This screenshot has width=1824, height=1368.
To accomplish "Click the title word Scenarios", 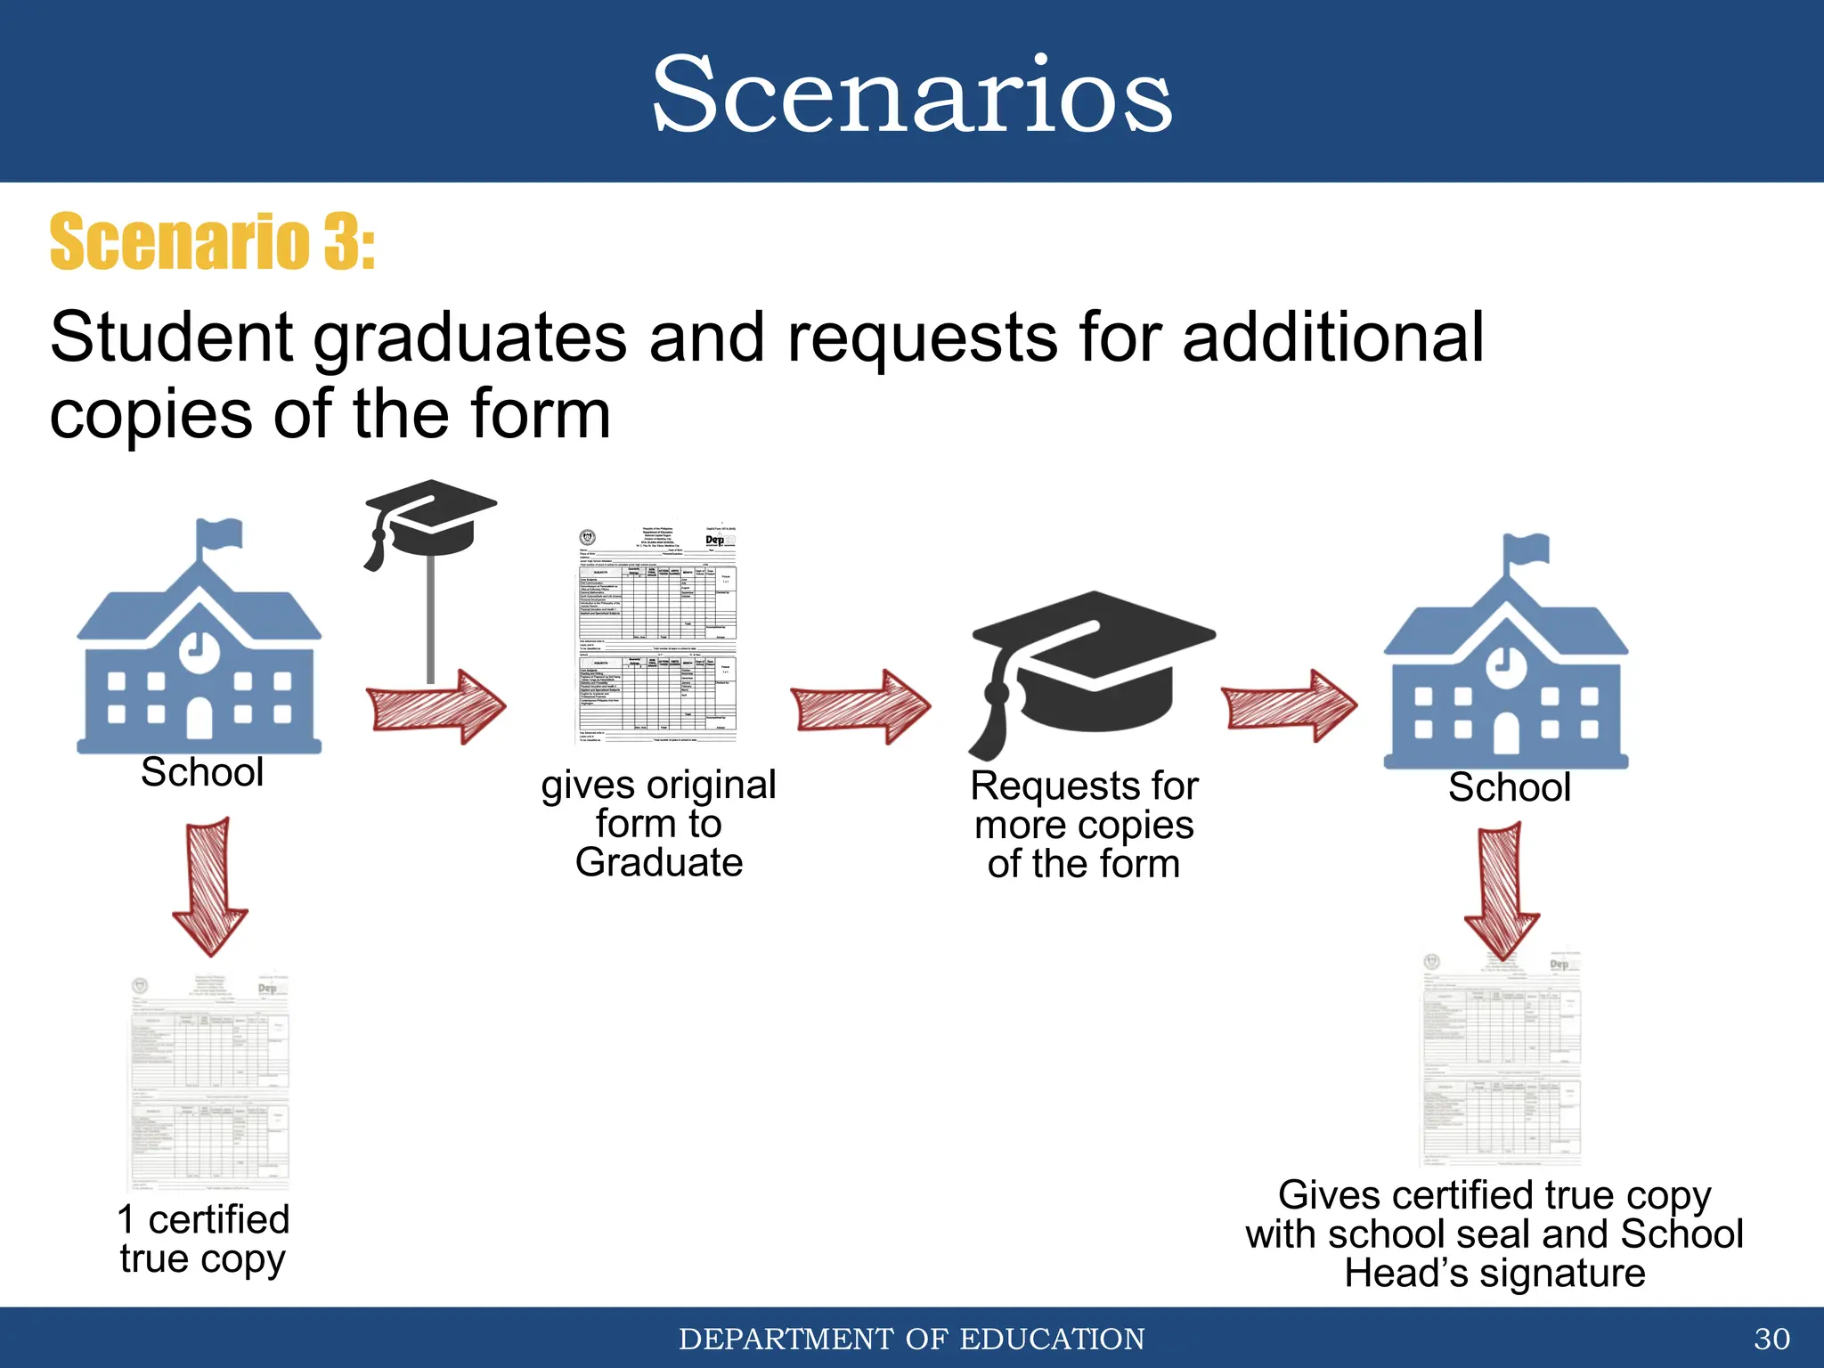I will coord(912,94).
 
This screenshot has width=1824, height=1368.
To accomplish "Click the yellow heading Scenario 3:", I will coord(212,242).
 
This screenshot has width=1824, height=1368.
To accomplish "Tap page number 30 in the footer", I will coord(1771,1339).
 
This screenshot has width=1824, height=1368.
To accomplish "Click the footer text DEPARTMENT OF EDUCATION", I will coord(912,1339).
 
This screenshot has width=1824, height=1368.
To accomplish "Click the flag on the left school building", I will coord(222,533).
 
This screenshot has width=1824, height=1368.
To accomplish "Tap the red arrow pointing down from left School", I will coord(210,886).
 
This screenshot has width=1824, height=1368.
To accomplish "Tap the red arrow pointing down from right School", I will coord(1502,891).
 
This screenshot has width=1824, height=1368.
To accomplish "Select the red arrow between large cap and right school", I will coord(1288,706).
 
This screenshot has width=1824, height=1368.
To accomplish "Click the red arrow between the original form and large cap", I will coord(859,706).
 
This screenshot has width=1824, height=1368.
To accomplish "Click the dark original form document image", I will coord(658,632).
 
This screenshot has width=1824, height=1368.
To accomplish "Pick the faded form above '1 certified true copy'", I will coord(210,1082).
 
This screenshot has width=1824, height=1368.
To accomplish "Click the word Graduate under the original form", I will coord(658,863).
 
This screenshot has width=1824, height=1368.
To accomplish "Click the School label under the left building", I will coord(202,772).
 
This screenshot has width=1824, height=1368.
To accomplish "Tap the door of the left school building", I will coord(199,718).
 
